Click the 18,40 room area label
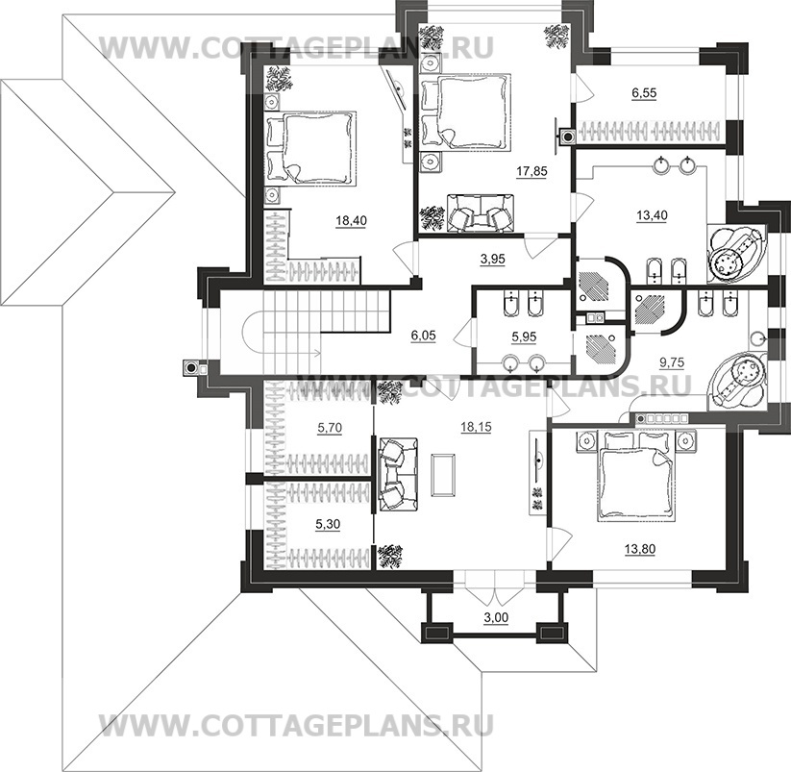[x=352, y=220]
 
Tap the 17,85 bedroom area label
[x=531, y=171]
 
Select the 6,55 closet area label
[x=644, y=93]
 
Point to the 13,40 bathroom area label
[x=652, y=215]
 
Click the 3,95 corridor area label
[x=493, y=259]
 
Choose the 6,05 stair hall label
[x=423, y=335]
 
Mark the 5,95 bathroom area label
[x=524, y=336]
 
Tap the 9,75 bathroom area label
[x=672, y=362]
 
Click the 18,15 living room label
[x=476, y=427]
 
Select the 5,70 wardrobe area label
[x=330, y=428]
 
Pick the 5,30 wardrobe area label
[x=328, y=525]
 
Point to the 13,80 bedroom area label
[x=640, y=548]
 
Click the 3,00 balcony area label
[x=496, y=617]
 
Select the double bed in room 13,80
[x=635, y=475]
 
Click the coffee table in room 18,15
[x=442, y=475]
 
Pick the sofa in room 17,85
[x=481, y=212]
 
